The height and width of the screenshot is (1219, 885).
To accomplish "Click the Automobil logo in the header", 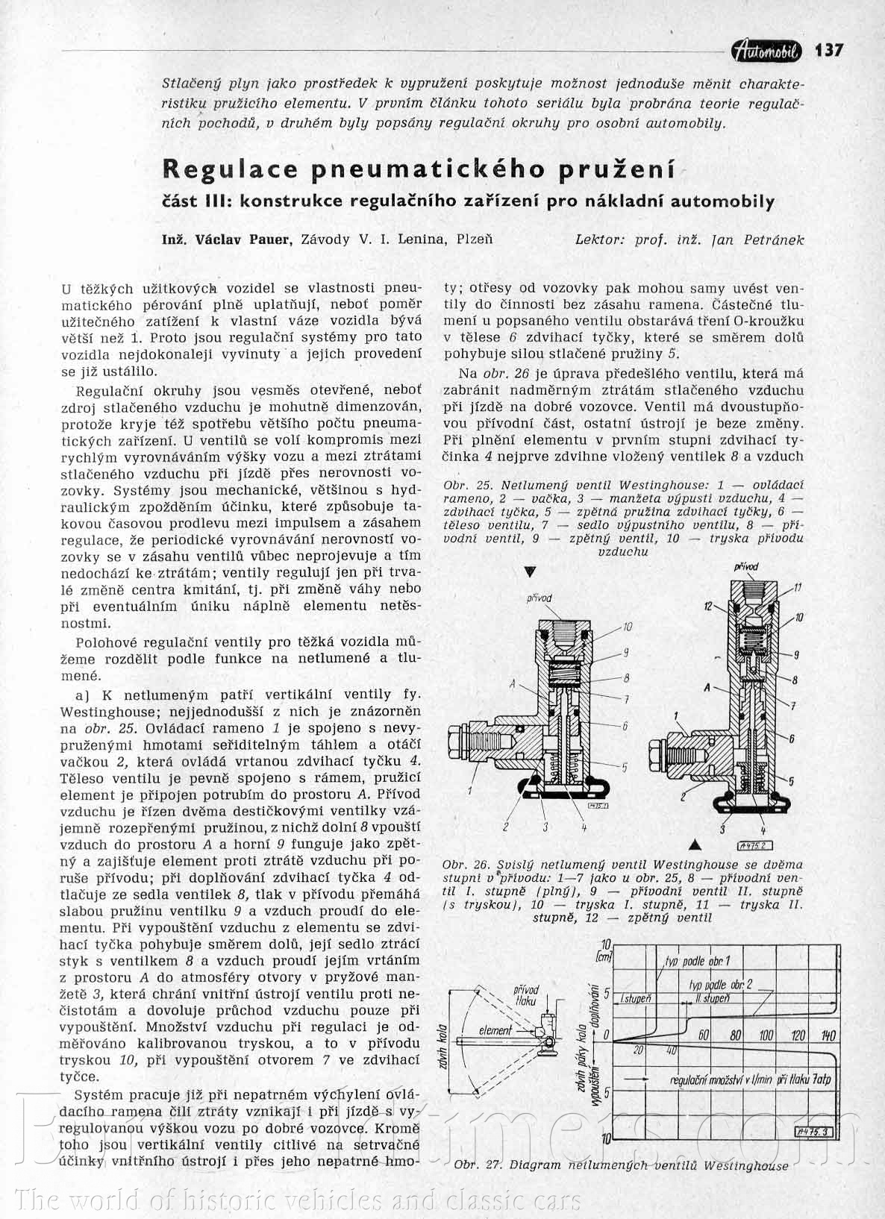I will [767, 50].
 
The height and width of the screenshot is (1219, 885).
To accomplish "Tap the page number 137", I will [829, 50].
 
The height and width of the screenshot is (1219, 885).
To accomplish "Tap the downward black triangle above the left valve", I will [531, 571].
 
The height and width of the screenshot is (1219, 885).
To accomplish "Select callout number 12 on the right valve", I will [709, 606].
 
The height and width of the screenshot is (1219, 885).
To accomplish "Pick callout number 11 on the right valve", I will [797, 588].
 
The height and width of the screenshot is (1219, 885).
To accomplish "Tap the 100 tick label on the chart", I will [766, 1035].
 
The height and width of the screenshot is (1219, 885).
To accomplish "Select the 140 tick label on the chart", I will [827, 1035].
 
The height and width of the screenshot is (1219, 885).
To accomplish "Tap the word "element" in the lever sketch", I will [496, 1030].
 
